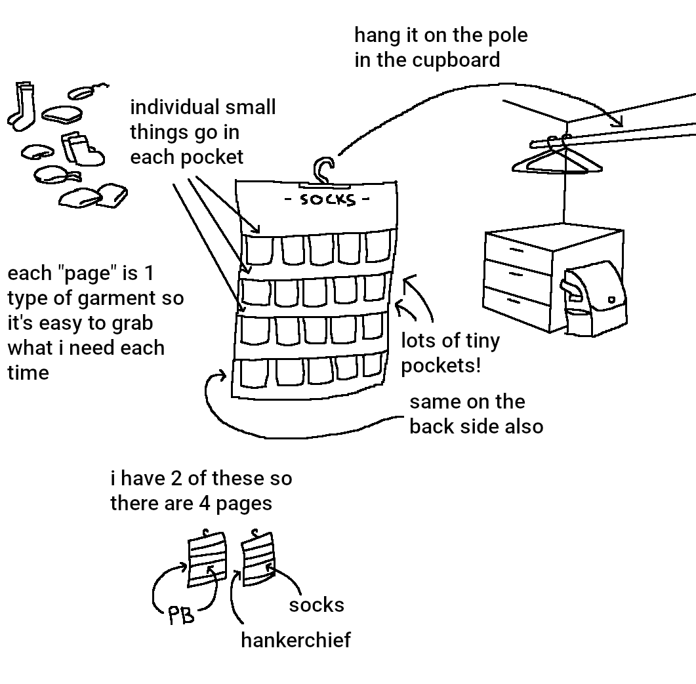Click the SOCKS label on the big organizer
click(327, 199)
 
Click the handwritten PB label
click(180, 615)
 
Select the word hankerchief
click(295, 639)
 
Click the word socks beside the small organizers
click(316, 605)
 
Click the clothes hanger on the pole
click(558, 161)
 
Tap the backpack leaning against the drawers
click(594, 295)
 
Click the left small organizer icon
click(207, 559)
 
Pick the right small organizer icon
click(258, 557)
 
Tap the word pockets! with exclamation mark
click(441, 365)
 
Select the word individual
click(174, 107)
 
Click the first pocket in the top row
click(258, 250)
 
